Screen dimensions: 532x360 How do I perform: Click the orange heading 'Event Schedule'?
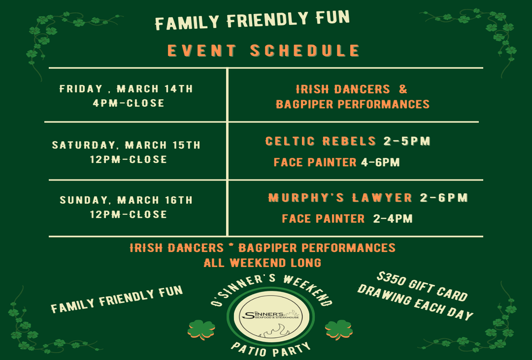tap(263, 51)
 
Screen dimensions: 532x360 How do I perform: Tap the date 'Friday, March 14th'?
tap(126, 89)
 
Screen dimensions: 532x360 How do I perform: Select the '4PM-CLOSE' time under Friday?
tap(129, 103)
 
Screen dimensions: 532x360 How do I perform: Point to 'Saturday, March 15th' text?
tap(126, 145)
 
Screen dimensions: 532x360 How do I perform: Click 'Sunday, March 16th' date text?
tap(126, 200)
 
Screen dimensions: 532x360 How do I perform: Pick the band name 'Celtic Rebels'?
tap(321, 141)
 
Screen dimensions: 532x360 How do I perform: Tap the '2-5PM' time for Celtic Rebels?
tap(407, 141)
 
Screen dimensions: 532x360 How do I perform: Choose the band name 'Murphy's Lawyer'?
tap(340, 198)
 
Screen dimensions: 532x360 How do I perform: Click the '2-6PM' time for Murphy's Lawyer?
tap(444, 198)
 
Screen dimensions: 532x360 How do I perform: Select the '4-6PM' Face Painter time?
tap(380, 162)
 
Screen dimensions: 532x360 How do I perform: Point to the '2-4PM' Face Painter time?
tap(393, 219)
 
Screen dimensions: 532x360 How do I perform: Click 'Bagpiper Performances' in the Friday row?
tap(353, 104)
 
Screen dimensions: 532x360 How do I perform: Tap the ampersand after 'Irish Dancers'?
tap(403, 89)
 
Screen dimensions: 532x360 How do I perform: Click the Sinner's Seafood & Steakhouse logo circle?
tap(271, 316)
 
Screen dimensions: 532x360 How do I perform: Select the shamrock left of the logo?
tap(202, 330)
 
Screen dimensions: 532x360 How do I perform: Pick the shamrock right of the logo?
tap(339, 330)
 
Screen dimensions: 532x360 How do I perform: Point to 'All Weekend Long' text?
tap(262, 263)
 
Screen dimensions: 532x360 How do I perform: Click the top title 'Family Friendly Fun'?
tap(252, 20)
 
